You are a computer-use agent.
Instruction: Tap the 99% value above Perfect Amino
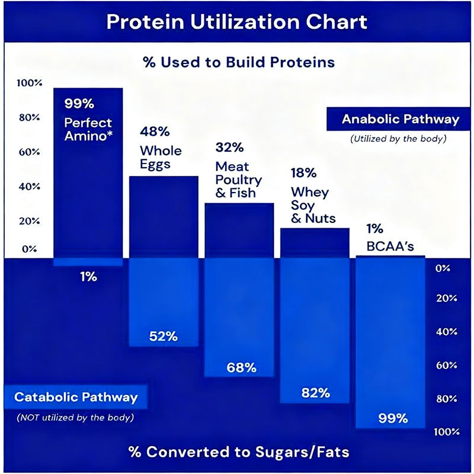tap(79, 104)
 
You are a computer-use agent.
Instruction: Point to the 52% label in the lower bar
tap(164, 336)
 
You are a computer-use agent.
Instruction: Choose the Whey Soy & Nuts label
tap(313, 205)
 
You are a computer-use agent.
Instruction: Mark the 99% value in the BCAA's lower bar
tap(393, 418)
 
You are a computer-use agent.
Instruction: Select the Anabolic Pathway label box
tap(401, 119)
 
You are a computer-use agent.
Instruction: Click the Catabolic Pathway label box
tap(76, 396)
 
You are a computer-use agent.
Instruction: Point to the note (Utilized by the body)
tap(398, 140)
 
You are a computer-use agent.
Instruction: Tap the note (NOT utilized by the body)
tap(75, 417)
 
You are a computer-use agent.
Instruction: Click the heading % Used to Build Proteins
tap(236, 62)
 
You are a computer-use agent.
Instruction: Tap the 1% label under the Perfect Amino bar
tap(88, 277)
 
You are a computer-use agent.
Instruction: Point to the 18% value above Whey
tap(303, 173)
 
